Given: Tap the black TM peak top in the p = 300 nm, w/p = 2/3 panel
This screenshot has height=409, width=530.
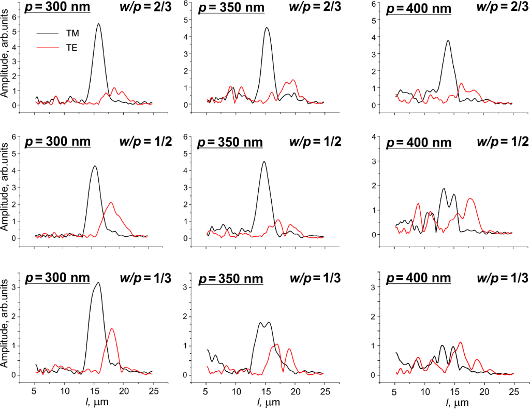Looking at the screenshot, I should pos(98,24).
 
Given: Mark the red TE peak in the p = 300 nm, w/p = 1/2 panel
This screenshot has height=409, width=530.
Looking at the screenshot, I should pos(111,203).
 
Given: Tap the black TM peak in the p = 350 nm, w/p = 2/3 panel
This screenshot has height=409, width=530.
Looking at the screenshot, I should pos(267,28).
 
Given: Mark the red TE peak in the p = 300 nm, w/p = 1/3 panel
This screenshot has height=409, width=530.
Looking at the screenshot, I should pos(112,328).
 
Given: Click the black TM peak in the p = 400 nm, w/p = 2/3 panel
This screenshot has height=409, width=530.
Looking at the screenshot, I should pos(448,40).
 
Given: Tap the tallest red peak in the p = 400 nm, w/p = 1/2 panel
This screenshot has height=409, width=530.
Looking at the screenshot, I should pos(470,199).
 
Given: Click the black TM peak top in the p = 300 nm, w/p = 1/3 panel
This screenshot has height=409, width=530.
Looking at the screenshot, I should pos(98,283).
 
